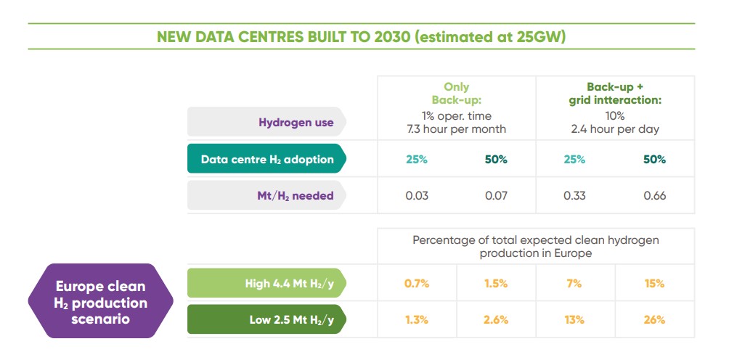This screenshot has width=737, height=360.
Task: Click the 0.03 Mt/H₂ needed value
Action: tap(417, 195)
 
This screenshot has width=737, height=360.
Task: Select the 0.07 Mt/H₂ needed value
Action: tap(496, 195)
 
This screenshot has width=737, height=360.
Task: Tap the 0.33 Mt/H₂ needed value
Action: tap(575, 195)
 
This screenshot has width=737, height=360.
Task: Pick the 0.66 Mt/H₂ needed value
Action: tap(654, 195)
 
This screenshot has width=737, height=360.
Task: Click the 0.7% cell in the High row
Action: tap(417, 283)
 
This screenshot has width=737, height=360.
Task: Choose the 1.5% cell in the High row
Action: tap(496, 283)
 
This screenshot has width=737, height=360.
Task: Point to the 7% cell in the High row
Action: tap(574, 283)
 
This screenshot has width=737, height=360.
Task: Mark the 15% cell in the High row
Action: tap(654, 283)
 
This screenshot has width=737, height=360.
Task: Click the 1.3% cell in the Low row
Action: tap(417, 319)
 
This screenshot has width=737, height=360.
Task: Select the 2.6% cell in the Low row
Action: tap(496, 319)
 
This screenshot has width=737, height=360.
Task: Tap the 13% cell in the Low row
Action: tap(574, 319)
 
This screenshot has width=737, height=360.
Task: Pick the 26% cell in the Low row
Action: tap(654, 319)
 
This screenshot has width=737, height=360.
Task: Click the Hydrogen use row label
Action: tap(296, 122)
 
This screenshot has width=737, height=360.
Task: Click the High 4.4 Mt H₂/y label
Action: tap(289, 283)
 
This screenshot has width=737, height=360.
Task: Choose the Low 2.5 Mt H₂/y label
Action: tap(291, 319)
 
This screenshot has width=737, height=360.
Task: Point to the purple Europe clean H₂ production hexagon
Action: tap(100, 301)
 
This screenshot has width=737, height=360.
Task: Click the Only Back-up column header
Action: tap(457, 94)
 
